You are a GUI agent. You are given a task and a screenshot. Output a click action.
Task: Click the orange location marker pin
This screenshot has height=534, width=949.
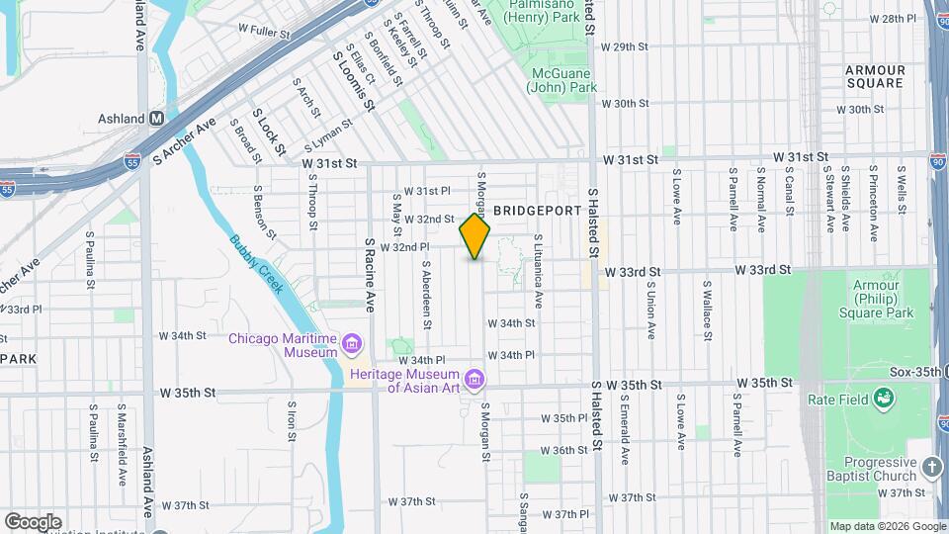tap(475, 236)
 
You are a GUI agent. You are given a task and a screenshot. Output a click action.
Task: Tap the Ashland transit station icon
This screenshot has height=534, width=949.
tap(156, 119)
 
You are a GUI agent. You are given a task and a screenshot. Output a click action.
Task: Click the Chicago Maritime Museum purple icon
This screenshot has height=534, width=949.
tap(353, 345)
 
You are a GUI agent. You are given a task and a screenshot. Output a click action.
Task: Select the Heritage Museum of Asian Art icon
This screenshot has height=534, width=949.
tap(474, 380)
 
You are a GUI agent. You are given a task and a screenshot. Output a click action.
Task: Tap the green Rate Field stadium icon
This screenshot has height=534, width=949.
tap(884, 399)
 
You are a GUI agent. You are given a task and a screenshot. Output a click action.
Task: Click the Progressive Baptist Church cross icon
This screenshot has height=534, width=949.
tap(932, 467)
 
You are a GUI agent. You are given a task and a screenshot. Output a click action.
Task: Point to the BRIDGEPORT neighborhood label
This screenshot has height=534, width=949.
tap(533, 211)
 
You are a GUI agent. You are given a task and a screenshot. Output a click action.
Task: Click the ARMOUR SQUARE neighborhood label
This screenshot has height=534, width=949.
tap(875, 76)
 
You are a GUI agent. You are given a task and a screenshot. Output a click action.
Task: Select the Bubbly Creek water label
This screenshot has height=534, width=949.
tap(256, 264)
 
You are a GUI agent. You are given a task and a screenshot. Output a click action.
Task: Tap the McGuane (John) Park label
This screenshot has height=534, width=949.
tap(564, 80)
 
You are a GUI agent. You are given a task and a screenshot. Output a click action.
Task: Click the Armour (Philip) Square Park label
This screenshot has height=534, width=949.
tap(876, 300)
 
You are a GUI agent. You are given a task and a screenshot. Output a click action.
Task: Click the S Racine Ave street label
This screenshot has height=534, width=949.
tap(370, 275)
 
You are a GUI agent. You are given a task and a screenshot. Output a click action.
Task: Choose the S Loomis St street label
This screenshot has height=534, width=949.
tap(354, 80)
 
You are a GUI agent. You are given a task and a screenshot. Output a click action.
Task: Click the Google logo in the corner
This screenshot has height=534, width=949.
tap(33, 522)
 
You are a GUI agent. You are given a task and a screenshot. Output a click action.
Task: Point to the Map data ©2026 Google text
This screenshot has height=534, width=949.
tap(887, 526)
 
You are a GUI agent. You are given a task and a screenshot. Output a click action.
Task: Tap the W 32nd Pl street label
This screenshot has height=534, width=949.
tap(405, 247)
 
